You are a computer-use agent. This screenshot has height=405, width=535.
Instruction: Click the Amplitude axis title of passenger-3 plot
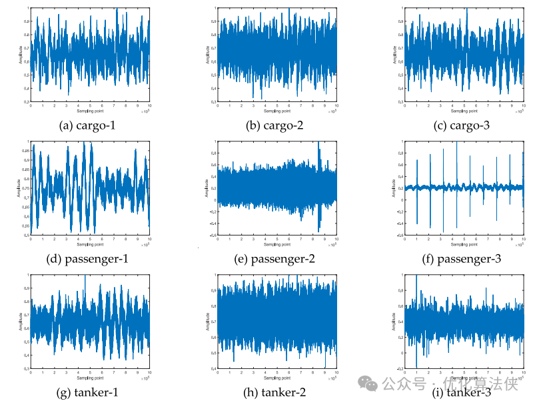pyautogui.click(x=394, y=187)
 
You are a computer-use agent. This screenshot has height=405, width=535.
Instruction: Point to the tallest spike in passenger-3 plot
pyautogui.click(x=457, y=143)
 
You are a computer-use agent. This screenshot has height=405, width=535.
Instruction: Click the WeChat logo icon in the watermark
pyautogui.click(x=366, y=384)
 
